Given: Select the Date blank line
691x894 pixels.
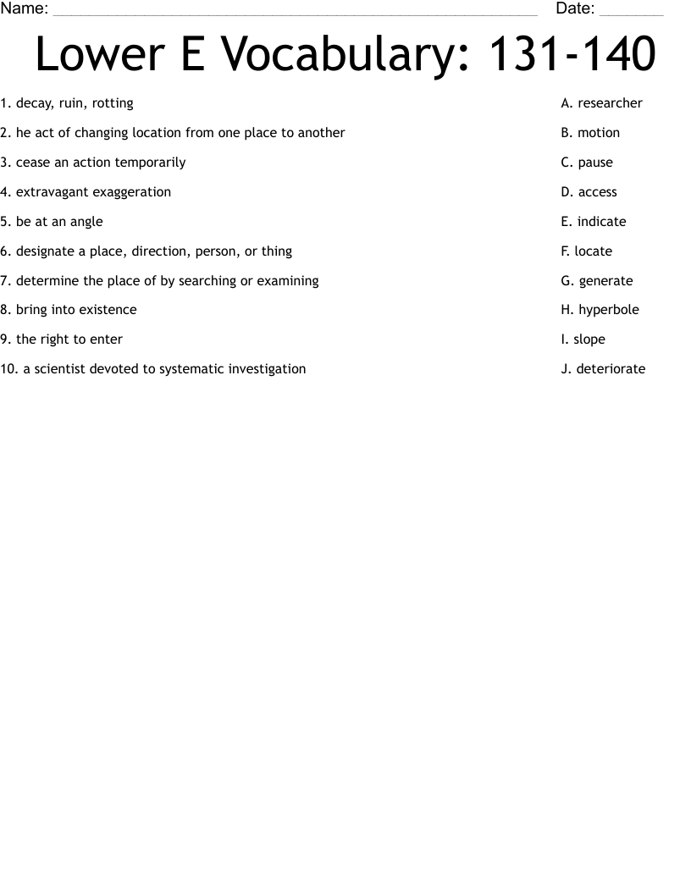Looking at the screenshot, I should point(631,12).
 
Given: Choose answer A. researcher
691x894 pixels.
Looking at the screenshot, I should point(601,103).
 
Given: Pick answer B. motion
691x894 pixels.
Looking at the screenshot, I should point(590,133).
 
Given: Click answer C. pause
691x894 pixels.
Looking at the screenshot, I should point(587,163).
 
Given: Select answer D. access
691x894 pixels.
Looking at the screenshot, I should point(589,192).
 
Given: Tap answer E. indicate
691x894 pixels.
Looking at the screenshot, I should point(593,222).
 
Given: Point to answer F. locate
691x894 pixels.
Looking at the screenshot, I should point(586,251).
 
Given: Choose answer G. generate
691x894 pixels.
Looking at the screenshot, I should point(596,281).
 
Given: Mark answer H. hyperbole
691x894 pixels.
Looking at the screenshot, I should point(600,310).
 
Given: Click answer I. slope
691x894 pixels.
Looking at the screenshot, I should point(583,339).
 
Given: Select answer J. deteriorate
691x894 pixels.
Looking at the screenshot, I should point(603,369).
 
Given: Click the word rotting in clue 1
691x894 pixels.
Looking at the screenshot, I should point(113,103).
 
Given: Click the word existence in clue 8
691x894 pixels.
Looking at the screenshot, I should point(108,310).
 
